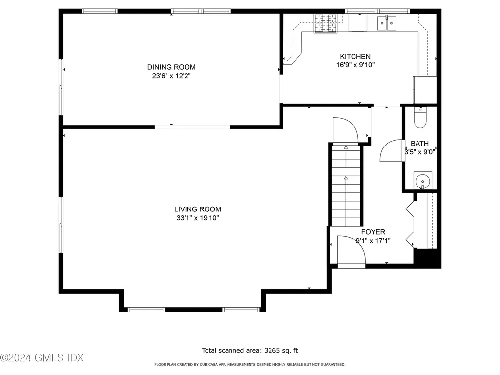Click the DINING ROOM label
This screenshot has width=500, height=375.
tap(171, 67)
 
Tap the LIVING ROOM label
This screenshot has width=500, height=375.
tap(198, 209)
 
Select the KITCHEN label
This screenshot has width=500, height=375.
tap(355, 57)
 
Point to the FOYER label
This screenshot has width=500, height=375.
tap(373, 232)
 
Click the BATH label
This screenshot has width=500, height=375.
tap(419, 144)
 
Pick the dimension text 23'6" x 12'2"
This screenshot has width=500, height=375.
tap(171, 76)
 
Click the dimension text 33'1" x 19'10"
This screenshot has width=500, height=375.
tap(198, 218)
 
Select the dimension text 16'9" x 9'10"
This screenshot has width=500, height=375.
tap(355, 65)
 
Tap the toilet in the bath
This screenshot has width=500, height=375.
tap(420, 118)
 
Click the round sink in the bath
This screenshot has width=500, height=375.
tap(423, 181)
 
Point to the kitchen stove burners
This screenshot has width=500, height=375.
tap(326, 23)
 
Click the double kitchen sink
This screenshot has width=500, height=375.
tap(387, 23)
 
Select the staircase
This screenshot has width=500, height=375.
tap(346, 185)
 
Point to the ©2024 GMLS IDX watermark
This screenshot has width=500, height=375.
tap(42, 358)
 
